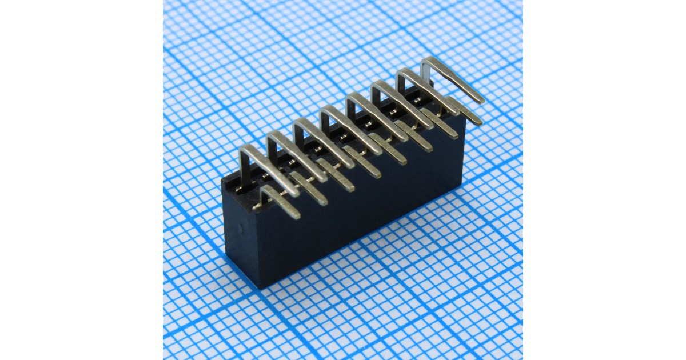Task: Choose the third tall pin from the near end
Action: click(x=323, y=137)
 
